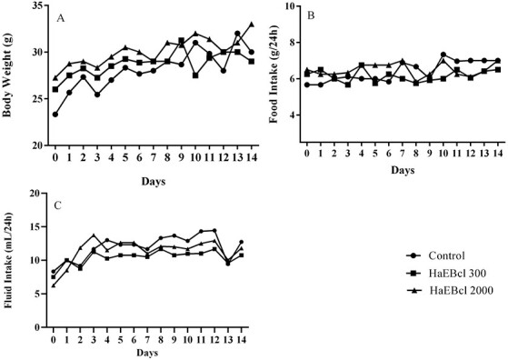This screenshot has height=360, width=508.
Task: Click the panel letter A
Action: [x=60, y=17]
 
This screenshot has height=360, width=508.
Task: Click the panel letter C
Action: [x=60, y=205]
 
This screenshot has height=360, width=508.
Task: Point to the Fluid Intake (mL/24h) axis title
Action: [x=10, y=260]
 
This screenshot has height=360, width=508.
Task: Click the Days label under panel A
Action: [x=152, y=182]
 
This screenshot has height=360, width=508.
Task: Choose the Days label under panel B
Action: [x=401, y=170]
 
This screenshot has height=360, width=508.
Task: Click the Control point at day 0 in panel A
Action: [x=55, y=115]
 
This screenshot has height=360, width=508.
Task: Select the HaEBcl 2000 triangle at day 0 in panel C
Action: [x=54, y=285]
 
